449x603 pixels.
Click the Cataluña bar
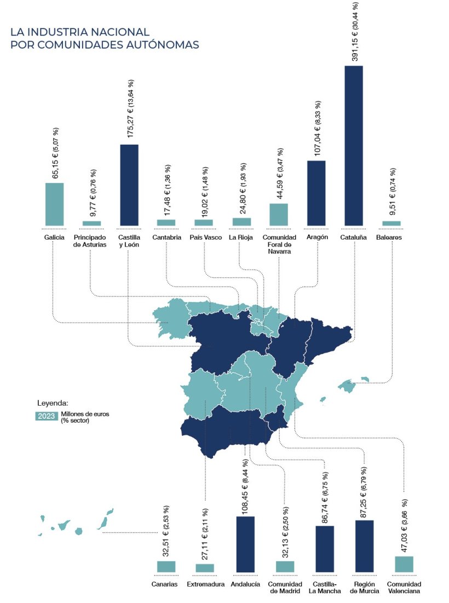(x=354, y=145)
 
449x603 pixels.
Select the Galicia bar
(x=54, y=204)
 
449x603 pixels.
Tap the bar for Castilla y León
(x=129, y=185)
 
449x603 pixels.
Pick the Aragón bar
(x=316, y=193)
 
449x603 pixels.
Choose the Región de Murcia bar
(x=364, y=546)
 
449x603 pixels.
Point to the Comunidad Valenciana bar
(x=404, y=564)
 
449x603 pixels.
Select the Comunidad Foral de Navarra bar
(x=279, y=214)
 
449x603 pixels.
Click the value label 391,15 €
(x=355, y=33)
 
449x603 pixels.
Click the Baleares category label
(x=389, y=237)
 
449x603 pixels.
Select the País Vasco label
(x=205, y=237)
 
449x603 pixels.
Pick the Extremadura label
(x=205, y=584)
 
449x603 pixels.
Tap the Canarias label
(x=165, y=584)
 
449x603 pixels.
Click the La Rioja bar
(x=241, y=221)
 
